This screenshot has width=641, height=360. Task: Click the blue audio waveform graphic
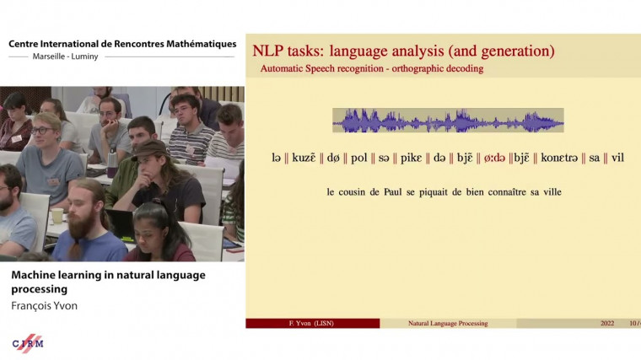[447, 121]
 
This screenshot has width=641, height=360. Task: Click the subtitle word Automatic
[285, 68]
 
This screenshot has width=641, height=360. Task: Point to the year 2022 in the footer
[607, 323]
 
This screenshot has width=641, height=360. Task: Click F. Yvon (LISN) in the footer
[312, 323]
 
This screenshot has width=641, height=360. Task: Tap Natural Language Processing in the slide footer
[447, 323]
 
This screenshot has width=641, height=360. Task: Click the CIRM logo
[28, 342]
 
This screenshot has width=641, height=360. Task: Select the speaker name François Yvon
[45, 305]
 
